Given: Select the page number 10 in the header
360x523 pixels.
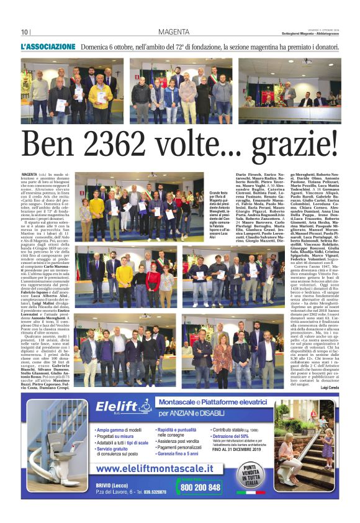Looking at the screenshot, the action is click(x=25, y=32).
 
